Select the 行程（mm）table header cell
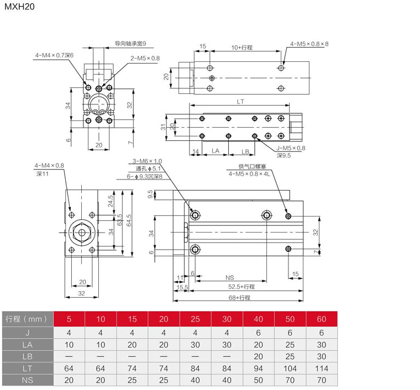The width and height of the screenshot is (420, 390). click(27, 319)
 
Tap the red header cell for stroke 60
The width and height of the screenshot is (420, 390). click(322, 319)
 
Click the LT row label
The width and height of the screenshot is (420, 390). click(27, 367)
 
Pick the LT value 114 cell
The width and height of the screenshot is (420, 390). click(322, 367)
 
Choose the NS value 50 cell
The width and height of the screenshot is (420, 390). click(258, 380)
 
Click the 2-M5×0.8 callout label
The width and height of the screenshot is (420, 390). click(145, 58)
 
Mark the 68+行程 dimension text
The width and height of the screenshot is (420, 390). click(240, 298)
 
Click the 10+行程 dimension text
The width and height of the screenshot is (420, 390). click(242, 48)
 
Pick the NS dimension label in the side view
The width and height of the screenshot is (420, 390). click(229, 277)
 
